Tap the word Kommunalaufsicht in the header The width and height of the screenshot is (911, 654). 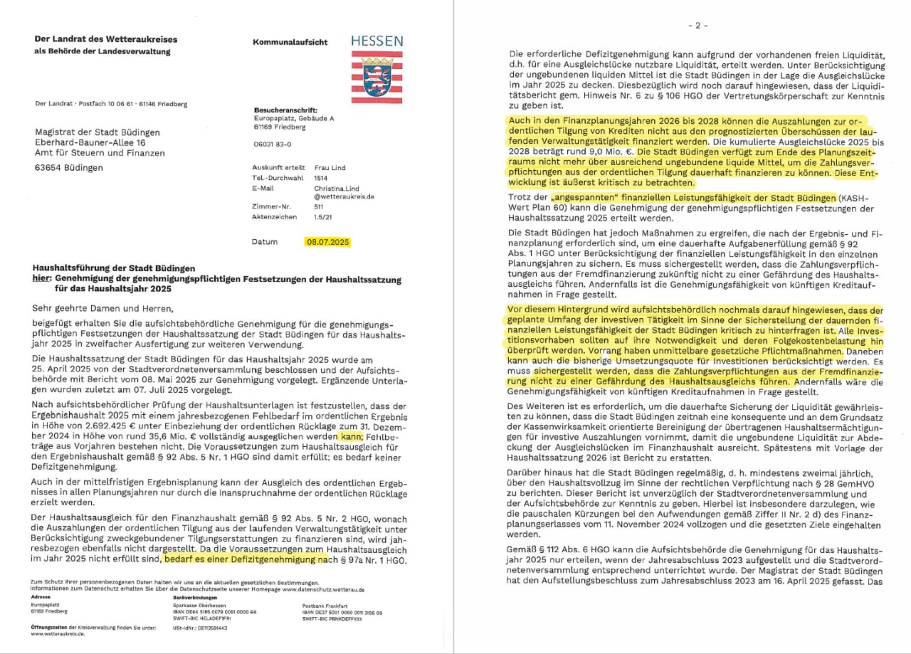(290, 42)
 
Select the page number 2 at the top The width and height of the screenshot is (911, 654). (697, 26)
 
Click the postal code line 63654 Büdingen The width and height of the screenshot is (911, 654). (69, 168)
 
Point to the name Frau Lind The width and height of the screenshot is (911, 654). (330, 168)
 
